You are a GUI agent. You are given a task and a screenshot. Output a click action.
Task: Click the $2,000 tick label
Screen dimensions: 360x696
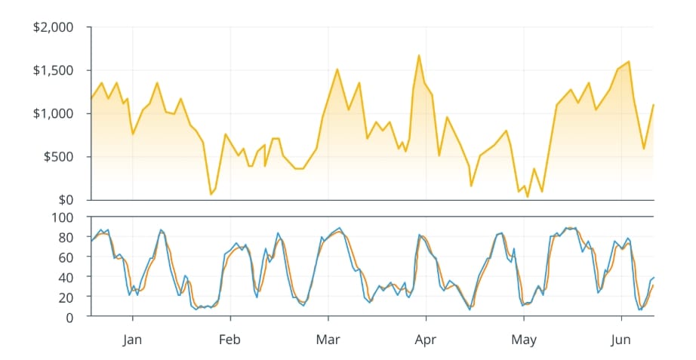point(53,27)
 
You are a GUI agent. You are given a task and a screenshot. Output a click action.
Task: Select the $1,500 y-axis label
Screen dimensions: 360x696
point(53,70)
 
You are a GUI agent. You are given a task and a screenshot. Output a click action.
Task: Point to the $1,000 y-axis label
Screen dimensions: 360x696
point(53,113)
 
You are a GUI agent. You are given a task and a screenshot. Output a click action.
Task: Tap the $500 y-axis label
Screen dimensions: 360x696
point(58,157)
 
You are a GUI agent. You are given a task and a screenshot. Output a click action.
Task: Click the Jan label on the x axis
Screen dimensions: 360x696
point(132,340)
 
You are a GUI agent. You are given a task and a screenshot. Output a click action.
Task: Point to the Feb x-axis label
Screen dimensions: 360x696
point(229,340)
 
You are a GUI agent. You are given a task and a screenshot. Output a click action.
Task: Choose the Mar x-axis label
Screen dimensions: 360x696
point(328,340)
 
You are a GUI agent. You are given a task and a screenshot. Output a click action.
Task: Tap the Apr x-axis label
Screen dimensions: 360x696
point(426,340)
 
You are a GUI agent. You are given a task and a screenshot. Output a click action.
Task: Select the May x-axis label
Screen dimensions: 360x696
point(523,340)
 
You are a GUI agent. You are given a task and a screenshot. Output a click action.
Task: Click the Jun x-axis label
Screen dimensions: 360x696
point(621,340)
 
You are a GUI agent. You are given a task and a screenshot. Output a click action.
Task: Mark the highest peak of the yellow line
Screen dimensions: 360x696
point(419,55)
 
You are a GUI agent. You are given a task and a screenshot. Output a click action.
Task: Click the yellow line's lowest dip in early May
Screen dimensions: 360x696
point(527,197)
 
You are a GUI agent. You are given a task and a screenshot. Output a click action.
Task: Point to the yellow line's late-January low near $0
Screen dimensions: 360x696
point(211,195)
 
